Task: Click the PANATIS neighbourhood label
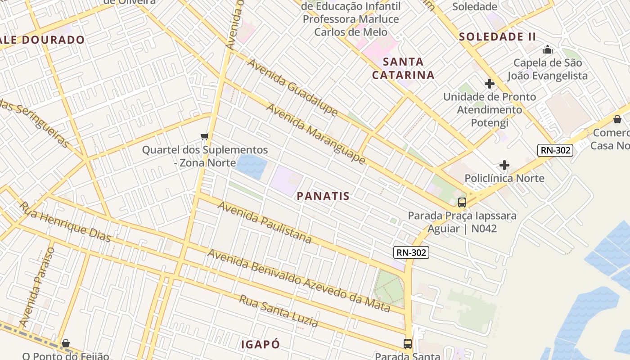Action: (323, 196)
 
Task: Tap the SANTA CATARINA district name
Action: (403, 68)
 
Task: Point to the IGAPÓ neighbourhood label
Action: (261, 345)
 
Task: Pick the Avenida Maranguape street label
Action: (315, 134)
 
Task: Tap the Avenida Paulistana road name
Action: (265, 222)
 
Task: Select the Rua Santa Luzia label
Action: (278, 311)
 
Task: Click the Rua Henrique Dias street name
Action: (65, 221)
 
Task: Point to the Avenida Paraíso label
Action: (37, 287)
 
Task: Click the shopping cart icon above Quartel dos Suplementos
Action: (205, 136)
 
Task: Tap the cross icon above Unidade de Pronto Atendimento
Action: (489, 84)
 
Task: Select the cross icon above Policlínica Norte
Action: (504, 165)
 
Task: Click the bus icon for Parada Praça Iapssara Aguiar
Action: (462, 202)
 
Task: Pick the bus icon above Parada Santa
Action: (407, 343)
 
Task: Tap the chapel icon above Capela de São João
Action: (547, 49)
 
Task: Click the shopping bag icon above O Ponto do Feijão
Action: (66, 343)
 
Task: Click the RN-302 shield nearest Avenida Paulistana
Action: (411, 252)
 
